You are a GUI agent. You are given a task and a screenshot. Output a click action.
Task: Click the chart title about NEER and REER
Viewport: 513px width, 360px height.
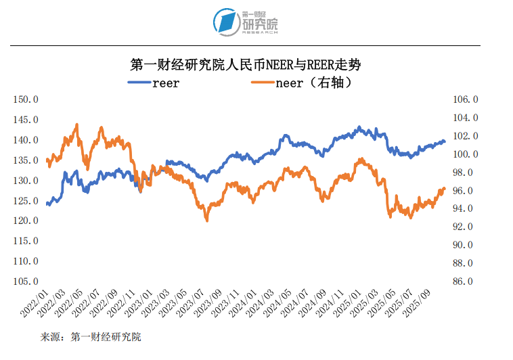pyautogui.click(x=245, y=66)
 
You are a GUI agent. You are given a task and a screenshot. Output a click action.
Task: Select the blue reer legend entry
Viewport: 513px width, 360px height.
pyautogui.click(x=154, y=83)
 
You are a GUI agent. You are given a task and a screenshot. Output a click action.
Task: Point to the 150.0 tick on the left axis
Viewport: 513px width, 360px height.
pyautogui.click(x=26, y=99)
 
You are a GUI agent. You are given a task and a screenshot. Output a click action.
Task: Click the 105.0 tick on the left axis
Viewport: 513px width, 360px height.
pyautogui.click(x=26, y=281)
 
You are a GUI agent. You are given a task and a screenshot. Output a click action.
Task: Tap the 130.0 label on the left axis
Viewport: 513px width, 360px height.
pyautogui.click(x=26, y=181)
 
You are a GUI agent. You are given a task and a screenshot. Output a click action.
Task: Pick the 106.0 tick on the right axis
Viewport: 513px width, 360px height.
pyautogui.click(x=466, y=99)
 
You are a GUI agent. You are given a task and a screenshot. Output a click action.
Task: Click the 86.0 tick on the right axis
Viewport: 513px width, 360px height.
pyautogui.click(x=466, y=281)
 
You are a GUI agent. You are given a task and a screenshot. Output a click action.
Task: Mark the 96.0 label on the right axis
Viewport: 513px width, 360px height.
pyautogui.click(x=466, y=191)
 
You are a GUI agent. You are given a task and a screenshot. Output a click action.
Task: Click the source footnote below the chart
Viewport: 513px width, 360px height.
pyautogui.click(x=91, y=336)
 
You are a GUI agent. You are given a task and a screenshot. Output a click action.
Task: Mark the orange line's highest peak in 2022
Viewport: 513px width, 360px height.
pyautogui.click(x=76, y=125)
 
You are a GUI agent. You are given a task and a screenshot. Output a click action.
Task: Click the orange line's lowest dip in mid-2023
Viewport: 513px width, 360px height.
pyautogui.click(x=206, y=220)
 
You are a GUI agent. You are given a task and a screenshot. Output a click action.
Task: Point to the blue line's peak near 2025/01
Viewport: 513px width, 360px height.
pyautogui.click(x=359, y=127)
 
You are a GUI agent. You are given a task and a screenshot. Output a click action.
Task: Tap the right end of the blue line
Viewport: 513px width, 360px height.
pyautogui.click(x=445, y=141)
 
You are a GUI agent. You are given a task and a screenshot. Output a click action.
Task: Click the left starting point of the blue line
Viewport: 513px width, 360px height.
pyautogui.click(x=47, y=204)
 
